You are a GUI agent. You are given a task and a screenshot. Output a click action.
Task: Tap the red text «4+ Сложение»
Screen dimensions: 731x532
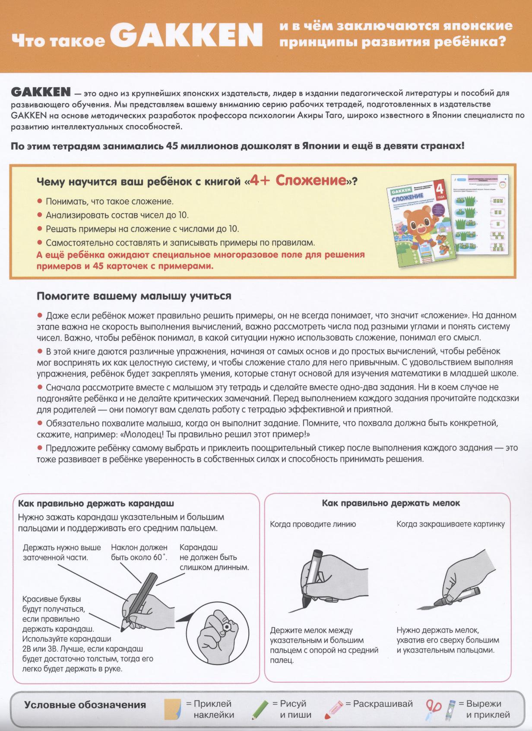tap(298, 181)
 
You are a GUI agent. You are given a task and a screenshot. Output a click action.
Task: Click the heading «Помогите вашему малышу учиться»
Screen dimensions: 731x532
tap(134, 296)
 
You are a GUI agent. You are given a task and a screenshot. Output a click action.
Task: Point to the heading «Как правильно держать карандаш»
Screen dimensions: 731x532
tap(96, 504)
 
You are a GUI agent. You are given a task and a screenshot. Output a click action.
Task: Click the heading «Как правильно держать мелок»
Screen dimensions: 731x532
tap(391, 503)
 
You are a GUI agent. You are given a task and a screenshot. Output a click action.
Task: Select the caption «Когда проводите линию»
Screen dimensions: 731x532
tap(313, 524)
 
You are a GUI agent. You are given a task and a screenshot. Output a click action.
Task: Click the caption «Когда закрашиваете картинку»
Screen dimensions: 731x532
tap(450, 524)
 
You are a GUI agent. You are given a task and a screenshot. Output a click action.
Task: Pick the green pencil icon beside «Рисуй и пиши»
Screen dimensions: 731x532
tap(260, 709)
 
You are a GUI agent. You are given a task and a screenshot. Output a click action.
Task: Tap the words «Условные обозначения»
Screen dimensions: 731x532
tap(85, 705)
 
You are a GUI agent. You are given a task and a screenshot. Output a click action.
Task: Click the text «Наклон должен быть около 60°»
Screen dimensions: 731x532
tap(139, 552)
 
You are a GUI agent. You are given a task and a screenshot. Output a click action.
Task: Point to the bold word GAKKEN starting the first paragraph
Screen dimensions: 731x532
tap(41, 92)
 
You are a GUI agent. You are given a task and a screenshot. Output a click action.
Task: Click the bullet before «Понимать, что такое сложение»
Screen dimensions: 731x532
tap(40, 201)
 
